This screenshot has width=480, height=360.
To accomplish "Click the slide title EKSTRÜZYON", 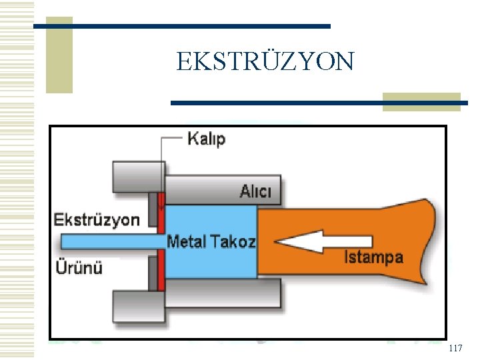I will pos(265,61).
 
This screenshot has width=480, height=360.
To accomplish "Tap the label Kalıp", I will pos(206,139).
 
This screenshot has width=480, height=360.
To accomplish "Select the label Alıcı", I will pos(256,192).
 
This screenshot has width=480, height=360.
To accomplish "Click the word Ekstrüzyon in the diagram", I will pos(97,219).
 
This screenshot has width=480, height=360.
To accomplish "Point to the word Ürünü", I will pos(78,268).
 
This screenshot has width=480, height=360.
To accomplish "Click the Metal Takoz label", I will pos(211,241).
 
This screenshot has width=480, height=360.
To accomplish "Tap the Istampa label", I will pos(373,257).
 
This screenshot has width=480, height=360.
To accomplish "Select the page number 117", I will pos(456,349).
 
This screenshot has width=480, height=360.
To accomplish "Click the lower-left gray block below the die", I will pos(137,306).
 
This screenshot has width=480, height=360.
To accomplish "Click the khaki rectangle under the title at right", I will pos(421,101).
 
